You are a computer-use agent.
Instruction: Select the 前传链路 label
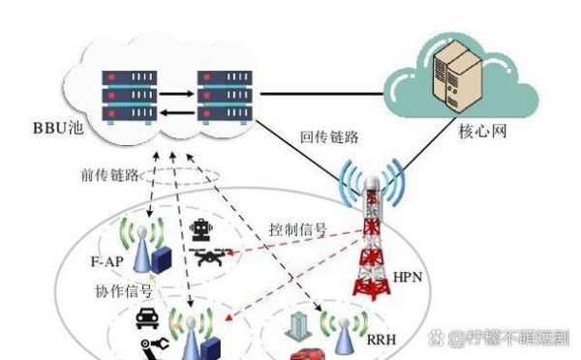click(108, 176)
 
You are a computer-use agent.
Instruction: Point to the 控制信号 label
click(297, 230)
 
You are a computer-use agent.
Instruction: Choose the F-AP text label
click(106, 262)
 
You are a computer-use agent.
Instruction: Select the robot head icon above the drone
click(202, 229)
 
